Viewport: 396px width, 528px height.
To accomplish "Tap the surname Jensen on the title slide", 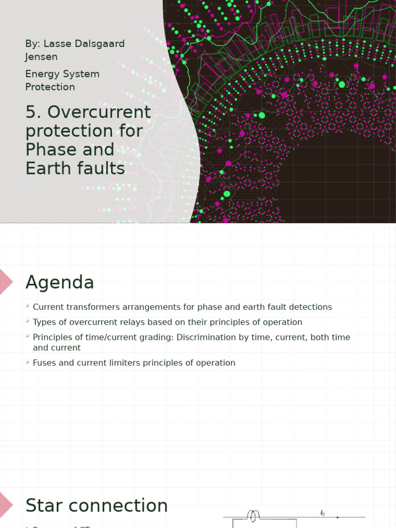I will click(x=41, y=57).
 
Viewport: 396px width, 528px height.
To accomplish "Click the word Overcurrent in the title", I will click(x=98, y=112).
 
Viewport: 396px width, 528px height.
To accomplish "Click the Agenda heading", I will click(x=60, y=283).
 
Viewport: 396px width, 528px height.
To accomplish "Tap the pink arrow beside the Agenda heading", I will click(x=6, y=282).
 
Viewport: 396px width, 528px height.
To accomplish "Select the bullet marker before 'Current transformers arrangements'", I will click(x=27, y=307).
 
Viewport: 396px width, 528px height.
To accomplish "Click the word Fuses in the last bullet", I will click(x=44, y=363).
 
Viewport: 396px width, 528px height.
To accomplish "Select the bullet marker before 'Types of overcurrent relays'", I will click(x=27, y=322).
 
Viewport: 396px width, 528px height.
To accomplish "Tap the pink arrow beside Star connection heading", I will click(x=6, y=505).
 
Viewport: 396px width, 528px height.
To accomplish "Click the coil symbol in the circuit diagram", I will click(x=253, y=515).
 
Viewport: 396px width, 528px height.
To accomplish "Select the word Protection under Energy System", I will click(x=50, y=87).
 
